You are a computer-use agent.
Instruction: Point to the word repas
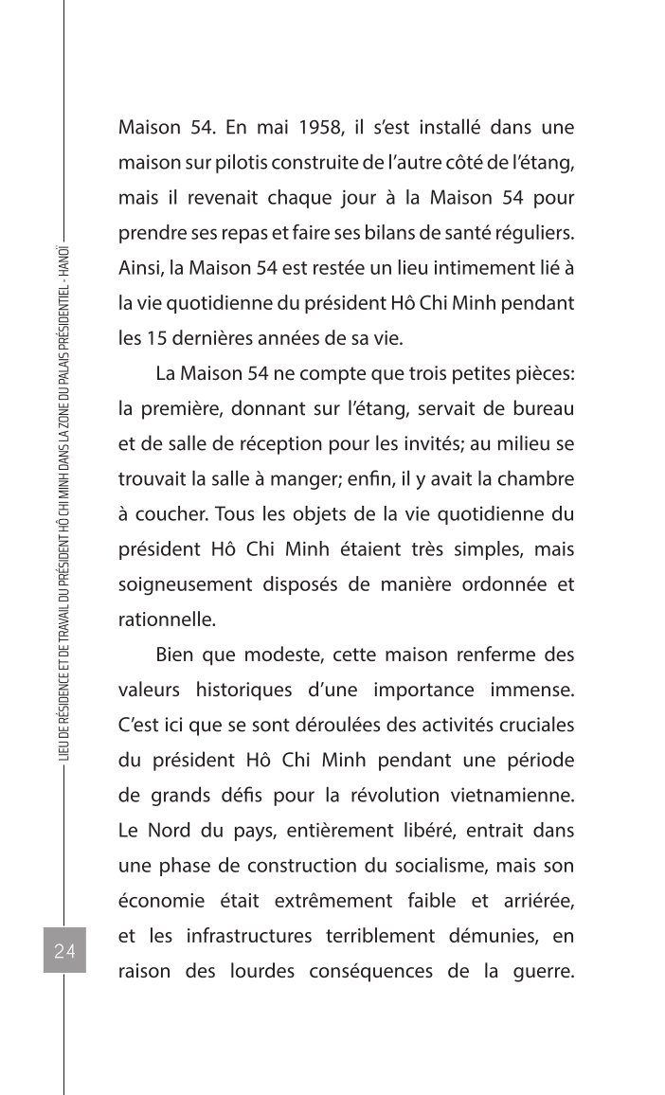[268, 233]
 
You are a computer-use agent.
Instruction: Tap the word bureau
[543, 408]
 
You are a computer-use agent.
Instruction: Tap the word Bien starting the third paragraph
[179, 655]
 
